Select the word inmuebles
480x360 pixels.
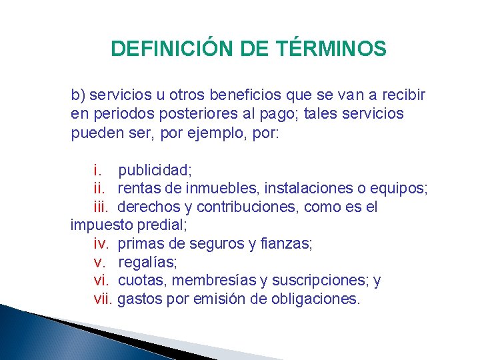coord(219,189)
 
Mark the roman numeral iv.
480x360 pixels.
coord(101,244)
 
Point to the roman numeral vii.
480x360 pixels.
coord(103,299)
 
